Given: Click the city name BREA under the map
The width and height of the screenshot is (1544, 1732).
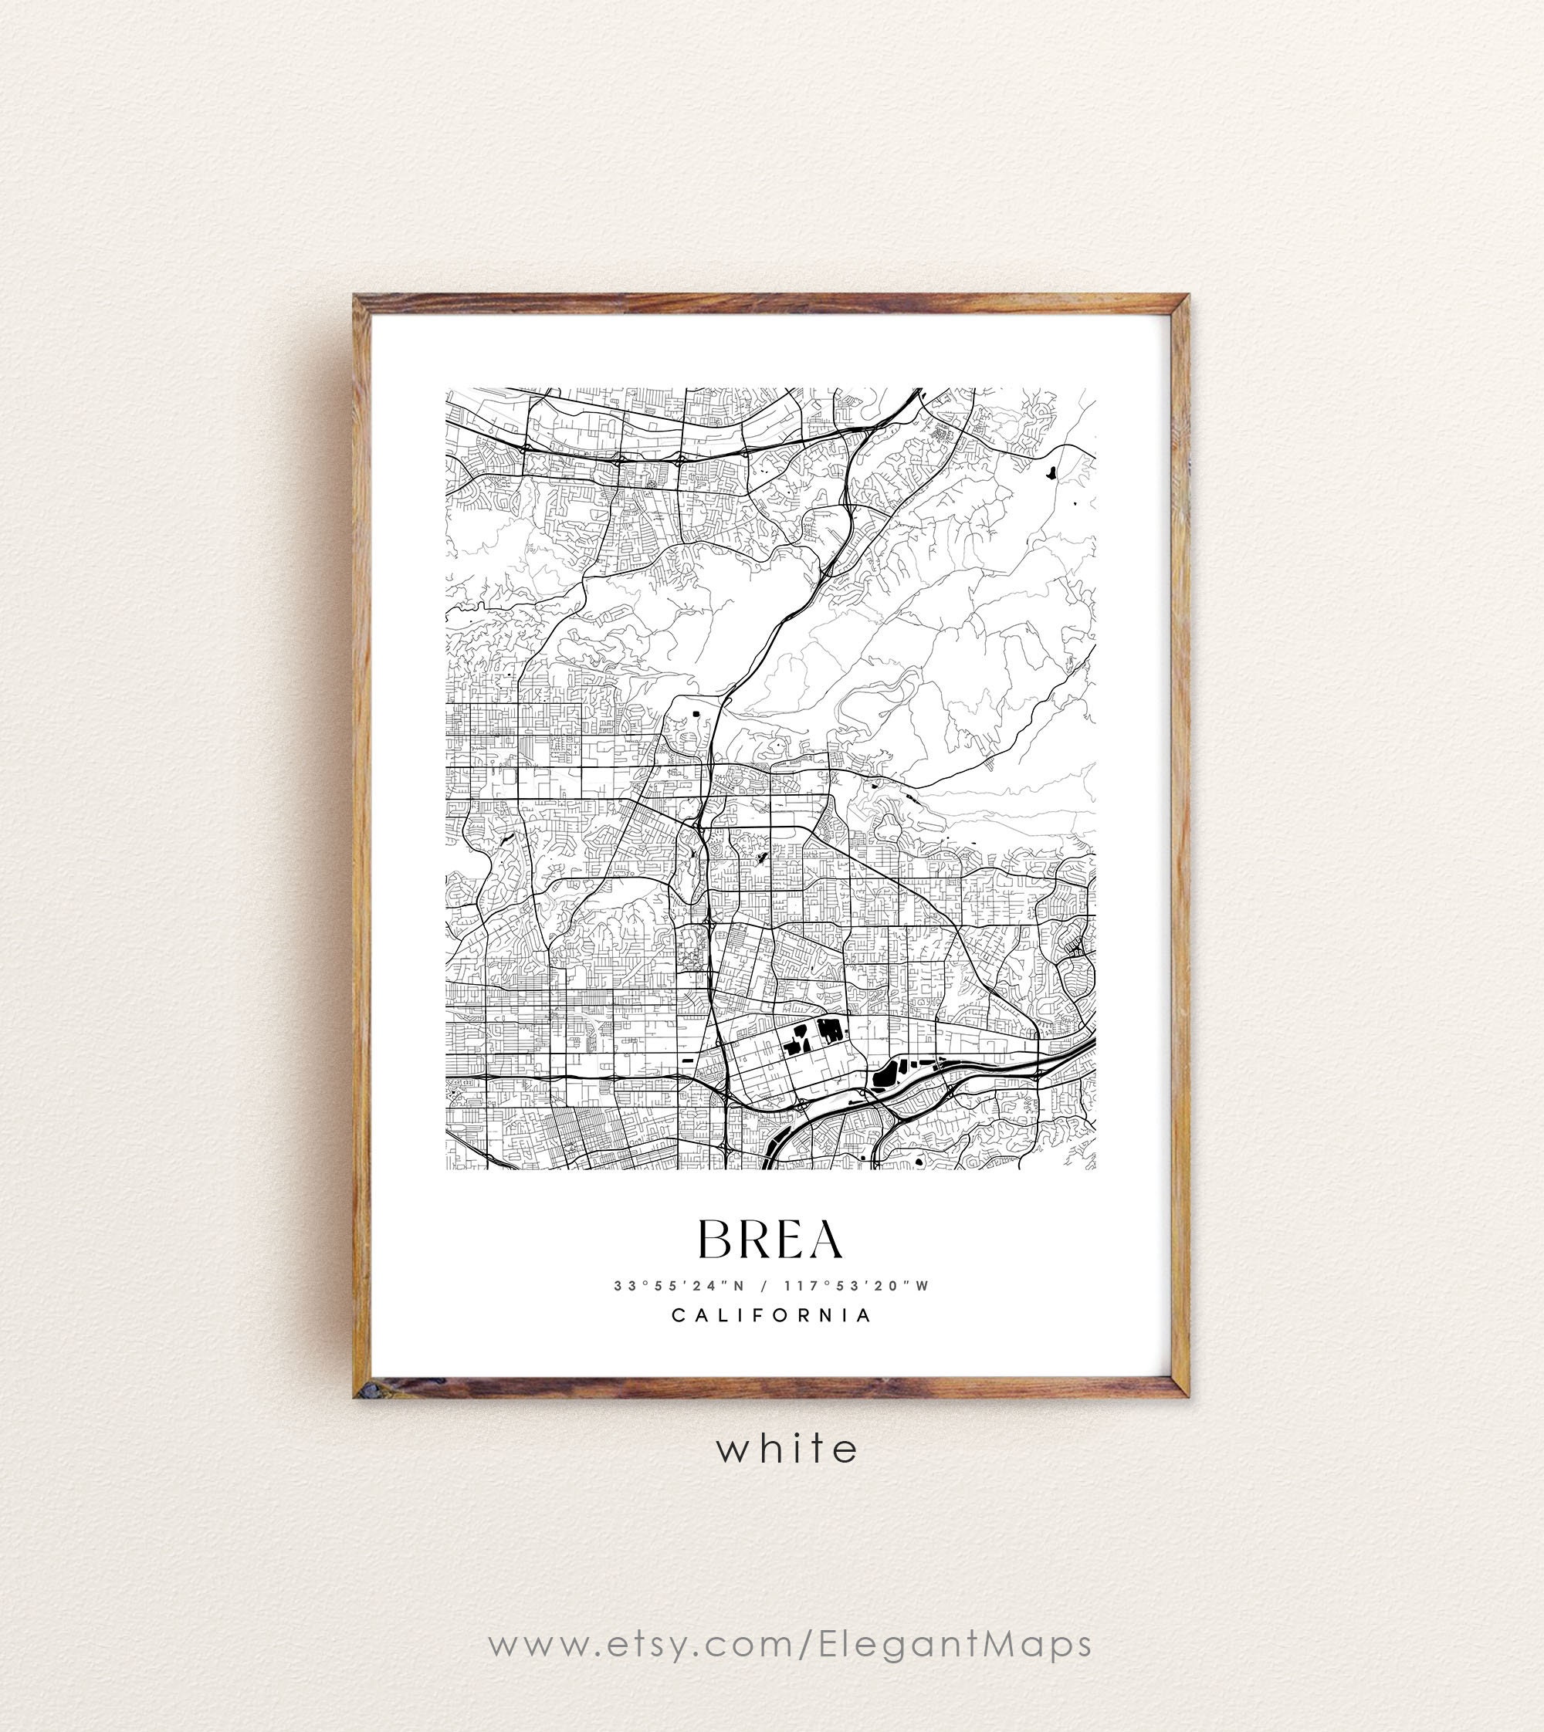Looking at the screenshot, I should [770, 1240].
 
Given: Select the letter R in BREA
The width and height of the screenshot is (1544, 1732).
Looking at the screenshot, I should [752, 1240].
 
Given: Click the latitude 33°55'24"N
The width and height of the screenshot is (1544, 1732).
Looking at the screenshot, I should [679, 1286].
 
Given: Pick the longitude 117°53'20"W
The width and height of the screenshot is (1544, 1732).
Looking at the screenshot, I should [857, 1286].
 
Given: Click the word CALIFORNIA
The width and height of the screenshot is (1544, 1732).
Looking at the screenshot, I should [772, 1315].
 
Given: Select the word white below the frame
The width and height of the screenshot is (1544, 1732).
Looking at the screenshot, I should [787, 1450].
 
